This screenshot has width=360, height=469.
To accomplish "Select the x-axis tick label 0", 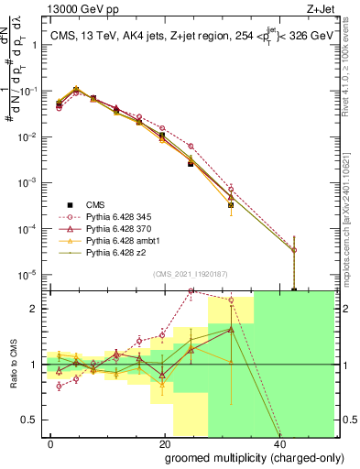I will pyautogui.click(x=50, y=442).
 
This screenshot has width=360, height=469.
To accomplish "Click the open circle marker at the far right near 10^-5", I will pyautogui.click(x=294, y=249).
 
